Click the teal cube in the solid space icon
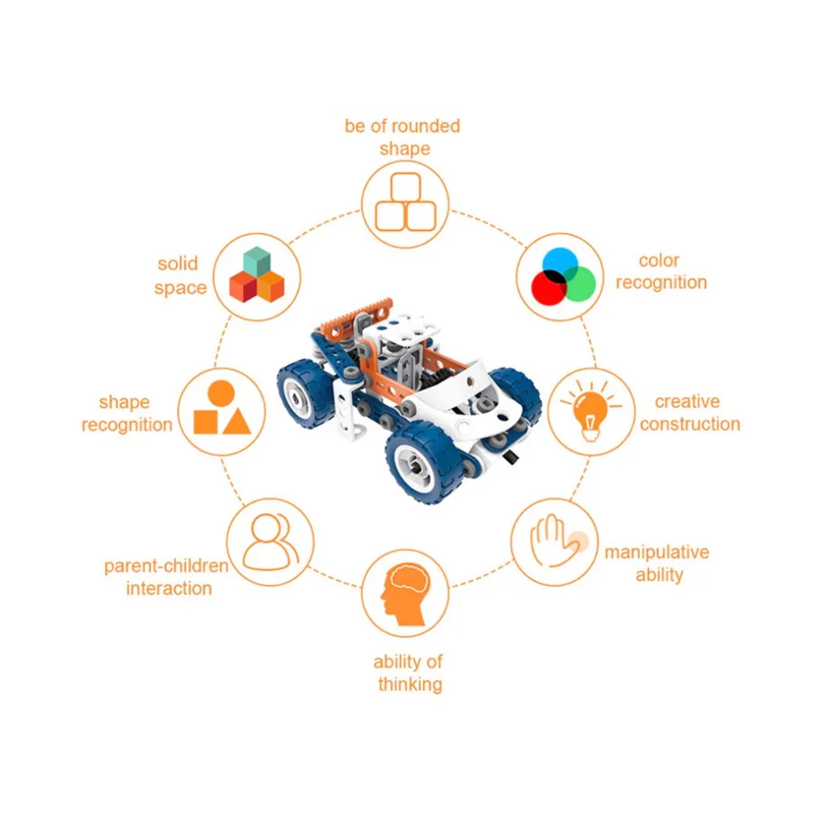coord(257,261)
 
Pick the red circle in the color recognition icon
coord(548,288)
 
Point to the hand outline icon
coord(556,540)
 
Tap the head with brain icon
coord(406,594)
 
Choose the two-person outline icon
coord(271,542)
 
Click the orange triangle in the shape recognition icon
coord(237,421)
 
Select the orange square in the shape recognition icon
coord(205,422)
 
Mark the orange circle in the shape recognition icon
coord(221,394)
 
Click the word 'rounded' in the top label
coord(425,126)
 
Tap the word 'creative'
coord(687,401)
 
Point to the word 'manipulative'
coord(657,552)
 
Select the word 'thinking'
coord(410,685)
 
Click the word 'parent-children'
coord(166,566)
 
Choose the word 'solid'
coord(178,264)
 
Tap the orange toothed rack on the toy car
coord(356,315)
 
